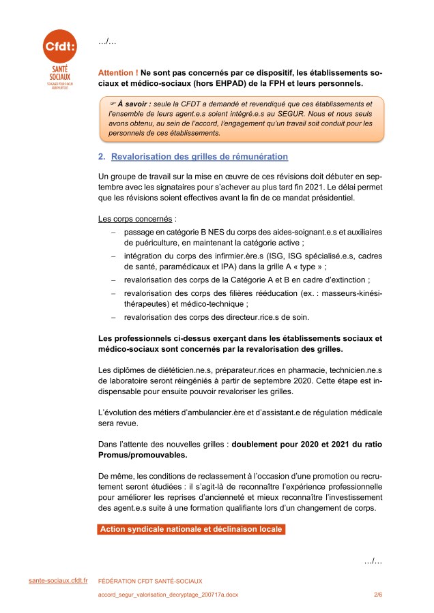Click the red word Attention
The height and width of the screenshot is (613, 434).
pyautogui.click(x=118, y=72)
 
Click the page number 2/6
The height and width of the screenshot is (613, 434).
pyautogui.click(x=378, y=595)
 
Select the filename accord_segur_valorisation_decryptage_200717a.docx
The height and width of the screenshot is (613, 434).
pyautogui.click(x=169, y=595)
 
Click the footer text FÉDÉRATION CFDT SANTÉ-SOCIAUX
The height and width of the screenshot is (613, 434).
pyautogui.click(x=150, y=581)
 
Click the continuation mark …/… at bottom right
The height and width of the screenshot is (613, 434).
pyautogui.click(x=373, y=560)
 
